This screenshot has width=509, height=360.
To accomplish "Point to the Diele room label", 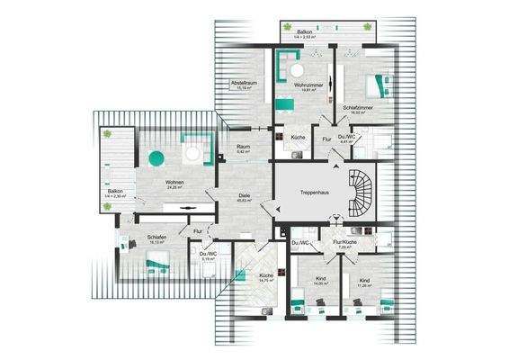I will pos(244,197).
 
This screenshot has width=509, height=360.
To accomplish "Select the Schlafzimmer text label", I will pos(357,109).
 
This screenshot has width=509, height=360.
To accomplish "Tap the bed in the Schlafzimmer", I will pos(378,86).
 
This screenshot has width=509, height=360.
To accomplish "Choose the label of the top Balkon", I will pos(306,31).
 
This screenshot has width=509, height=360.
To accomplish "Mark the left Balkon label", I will pos(115,193).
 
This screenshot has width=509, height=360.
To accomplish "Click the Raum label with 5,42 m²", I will pos(242,148).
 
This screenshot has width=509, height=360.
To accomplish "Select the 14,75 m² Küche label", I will pos(266,277).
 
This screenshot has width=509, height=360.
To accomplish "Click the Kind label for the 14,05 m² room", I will pos(320,281).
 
